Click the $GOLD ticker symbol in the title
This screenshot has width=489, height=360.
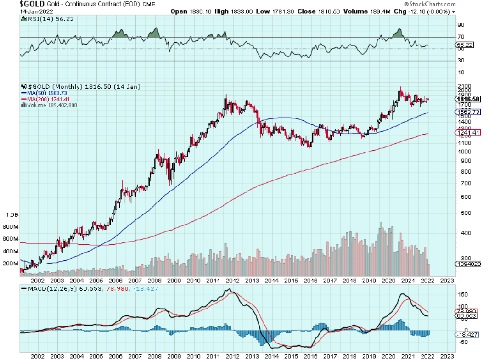32,4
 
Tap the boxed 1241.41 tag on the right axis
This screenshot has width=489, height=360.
468,133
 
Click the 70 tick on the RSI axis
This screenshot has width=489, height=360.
461,37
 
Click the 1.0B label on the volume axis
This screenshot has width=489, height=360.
11,215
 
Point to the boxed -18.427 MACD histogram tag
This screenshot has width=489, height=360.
468,334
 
